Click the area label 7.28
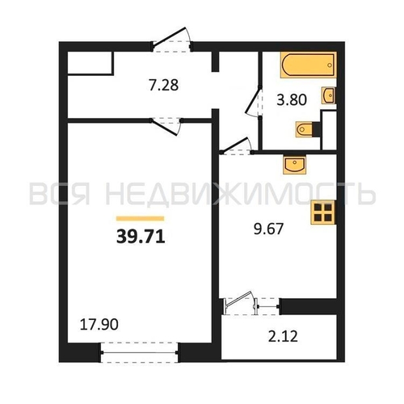pos(164,85)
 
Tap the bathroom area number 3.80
pos(292,99)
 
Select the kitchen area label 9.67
pos(268,229)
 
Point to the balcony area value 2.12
pos(283,337)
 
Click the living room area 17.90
pos(99,325)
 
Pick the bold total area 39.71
pos(141,238)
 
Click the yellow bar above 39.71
pos(140,218)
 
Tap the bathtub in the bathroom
pos(309,65)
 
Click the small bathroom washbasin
pos(329,95)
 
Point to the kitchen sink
pos(295,164)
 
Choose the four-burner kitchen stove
pos(323,213)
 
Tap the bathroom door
pos(255,102)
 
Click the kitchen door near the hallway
pos(237,147)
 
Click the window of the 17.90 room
pos(139,352)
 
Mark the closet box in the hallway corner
pos(90,63)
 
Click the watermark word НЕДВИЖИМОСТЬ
pos(240,193)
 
